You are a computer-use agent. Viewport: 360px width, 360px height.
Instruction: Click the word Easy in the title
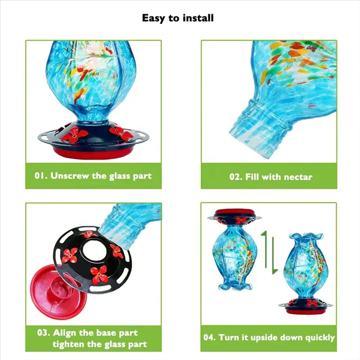[153, 18]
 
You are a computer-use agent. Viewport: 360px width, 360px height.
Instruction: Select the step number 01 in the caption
[40, 176]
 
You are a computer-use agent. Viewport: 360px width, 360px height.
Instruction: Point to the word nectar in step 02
[298, 177]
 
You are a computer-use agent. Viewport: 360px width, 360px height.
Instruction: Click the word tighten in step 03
[71, 344]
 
